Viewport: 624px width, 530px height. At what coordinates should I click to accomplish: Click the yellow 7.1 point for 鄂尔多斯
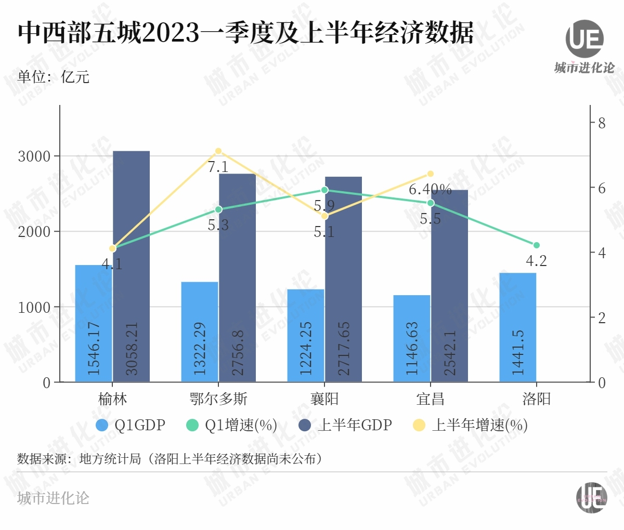pos(218,151)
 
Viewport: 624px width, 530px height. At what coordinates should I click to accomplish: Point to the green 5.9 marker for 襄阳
pos(324,190)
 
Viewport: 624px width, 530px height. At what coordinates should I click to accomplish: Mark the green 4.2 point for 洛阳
pos(537,245)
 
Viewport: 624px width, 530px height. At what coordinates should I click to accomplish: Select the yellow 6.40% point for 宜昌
pos(431,174)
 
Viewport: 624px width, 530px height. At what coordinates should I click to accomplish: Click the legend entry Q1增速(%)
pos(231,425)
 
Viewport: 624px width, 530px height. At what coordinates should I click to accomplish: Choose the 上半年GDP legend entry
pos(346,425)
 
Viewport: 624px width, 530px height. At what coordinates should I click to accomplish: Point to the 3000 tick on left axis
pos(34,156)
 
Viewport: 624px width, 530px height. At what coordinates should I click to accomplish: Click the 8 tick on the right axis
pos(602,123)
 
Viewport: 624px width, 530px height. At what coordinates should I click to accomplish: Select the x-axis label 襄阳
pos(324,399)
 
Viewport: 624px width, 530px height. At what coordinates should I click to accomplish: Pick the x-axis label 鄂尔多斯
pos(218,399)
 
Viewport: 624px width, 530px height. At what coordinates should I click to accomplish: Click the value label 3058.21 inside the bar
pos(132,348)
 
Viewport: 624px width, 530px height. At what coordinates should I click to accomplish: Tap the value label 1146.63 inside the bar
pos(412,348)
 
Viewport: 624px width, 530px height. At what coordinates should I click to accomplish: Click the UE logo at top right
pos(584,39)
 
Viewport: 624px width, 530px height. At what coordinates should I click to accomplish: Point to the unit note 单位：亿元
pos(54,77)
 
